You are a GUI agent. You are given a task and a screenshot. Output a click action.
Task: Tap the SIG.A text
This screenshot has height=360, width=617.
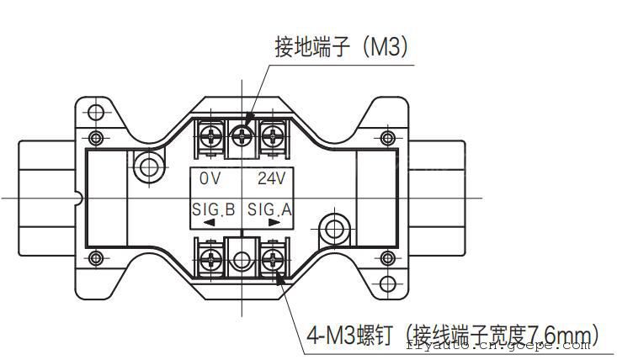pos(269,209)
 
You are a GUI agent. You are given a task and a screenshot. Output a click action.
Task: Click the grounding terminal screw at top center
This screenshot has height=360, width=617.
pos(244,133)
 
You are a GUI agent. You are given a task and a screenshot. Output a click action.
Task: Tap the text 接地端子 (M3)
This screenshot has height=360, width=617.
pos(341,47)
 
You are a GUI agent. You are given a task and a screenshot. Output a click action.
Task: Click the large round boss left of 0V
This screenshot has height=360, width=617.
pos(149,166)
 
